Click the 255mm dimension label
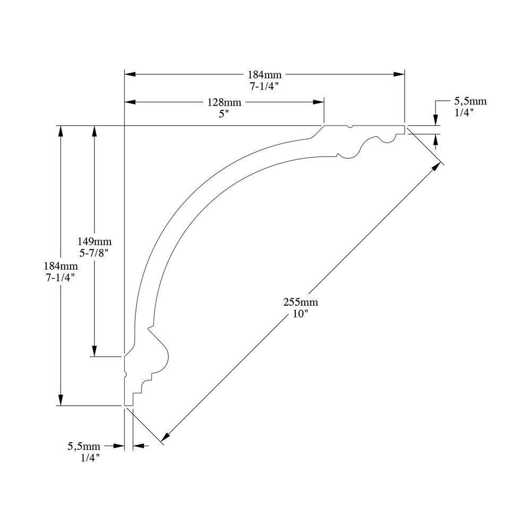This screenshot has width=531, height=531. pyautogui.click(x=301, y=303)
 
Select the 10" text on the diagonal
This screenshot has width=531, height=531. pyautogui.click(x=301, y=313)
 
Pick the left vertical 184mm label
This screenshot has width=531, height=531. pyautogui.click(x=61, y=266)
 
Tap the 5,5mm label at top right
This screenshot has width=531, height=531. pyautogui.click(x=470, y=101)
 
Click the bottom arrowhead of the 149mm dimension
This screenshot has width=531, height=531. pyautogui.click(x=95, y=351)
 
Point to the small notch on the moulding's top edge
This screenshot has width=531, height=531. pyautogui.click(x=349, y=127)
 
